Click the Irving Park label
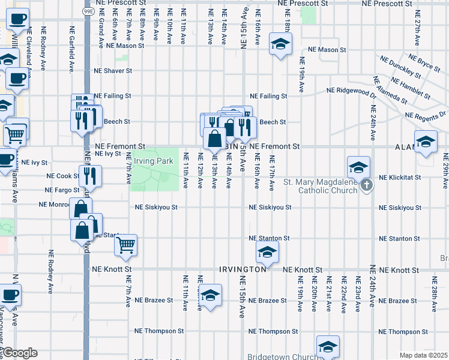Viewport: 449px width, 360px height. point(154,161)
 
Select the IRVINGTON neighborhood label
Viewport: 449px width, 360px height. point(243,270)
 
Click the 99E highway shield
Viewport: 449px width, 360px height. point(88,11)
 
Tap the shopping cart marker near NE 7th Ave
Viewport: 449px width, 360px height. point(125,244)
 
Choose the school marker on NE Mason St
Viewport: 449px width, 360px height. point(279,44)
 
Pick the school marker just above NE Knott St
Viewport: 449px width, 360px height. point(267,252)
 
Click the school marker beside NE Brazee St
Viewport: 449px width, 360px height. point(209,296)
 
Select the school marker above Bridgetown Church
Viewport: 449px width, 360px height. point(328,346)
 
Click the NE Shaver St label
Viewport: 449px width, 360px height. point(112,71)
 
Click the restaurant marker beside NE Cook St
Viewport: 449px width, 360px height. point(91,175)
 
